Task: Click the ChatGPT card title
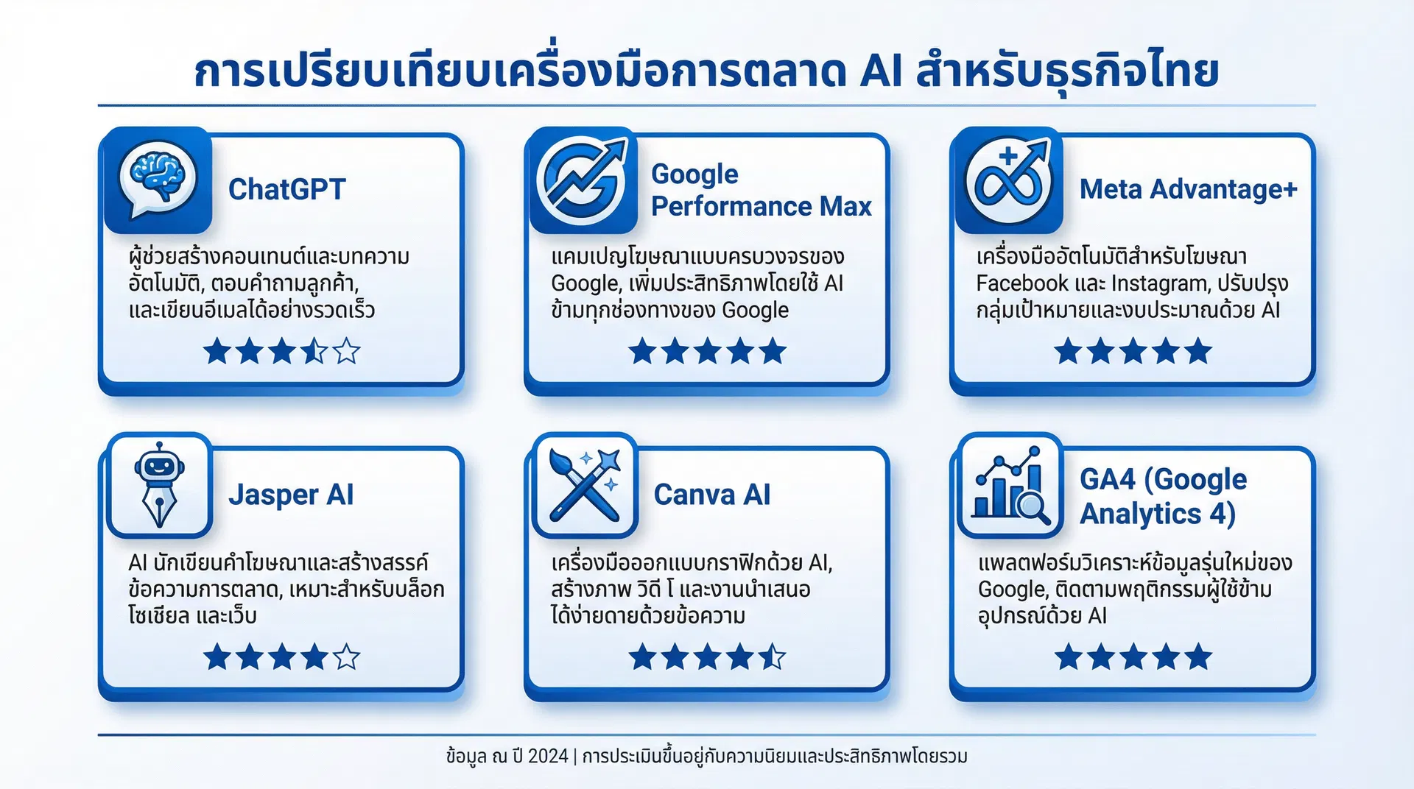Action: point(286,189)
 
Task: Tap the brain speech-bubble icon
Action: point(158,180)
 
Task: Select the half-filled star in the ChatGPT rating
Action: point(314,352)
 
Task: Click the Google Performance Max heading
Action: point(761,190)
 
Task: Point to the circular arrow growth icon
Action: point(582,181)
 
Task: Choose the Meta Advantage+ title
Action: point(1188,189)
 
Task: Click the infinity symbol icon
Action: point(1008,181)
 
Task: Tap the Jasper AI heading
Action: point(291,495)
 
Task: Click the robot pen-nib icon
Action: point(159,485)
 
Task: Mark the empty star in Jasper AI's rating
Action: point(347,657)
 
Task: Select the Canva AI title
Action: point(712,495)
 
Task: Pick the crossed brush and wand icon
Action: point(585,485)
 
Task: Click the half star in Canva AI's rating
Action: point(773,657)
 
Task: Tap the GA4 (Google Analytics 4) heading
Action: point(1163,496)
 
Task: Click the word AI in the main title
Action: point(881,71)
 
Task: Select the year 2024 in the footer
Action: point(548,756)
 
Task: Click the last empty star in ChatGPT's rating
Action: point(347,352)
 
